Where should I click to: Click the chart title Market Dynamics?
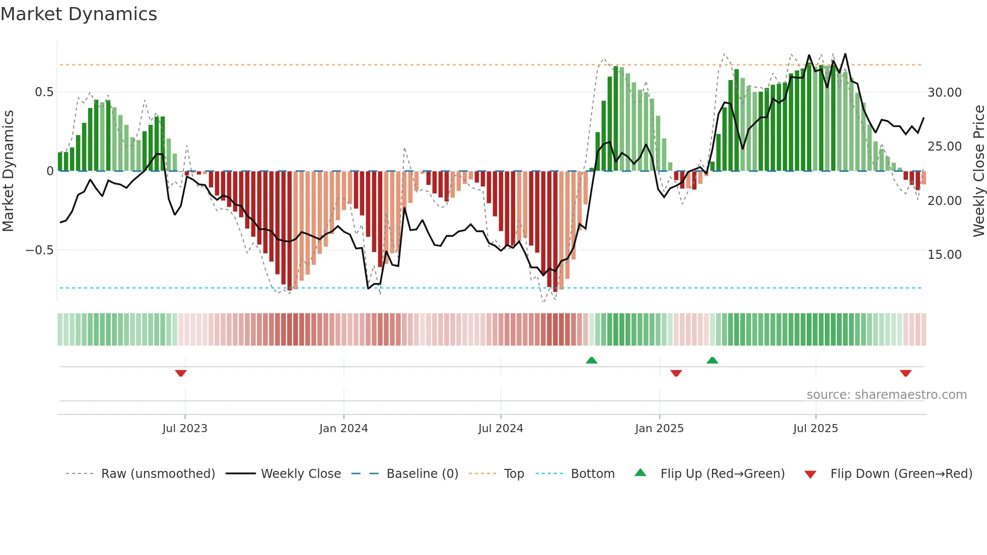[79, 14]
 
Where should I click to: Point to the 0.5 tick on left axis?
[44, 92]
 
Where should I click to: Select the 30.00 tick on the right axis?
[944, 93]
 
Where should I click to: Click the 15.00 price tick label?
[944, 255]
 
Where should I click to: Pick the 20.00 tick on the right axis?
[944, 201]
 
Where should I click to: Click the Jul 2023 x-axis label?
[185, 429]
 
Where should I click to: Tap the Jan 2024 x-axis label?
[343, 429]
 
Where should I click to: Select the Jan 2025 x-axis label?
[659, 429]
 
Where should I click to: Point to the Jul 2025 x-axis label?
[815, 429]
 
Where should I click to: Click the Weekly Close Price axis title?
[978, 171]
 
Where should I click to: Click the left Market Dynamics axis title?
[8, 171]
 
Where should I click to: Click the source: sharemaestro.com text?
[886, 395]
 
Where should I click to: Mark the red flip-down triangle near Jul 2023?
[181, 373]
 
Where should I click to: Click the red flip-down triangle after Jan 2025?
[676, 373]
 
